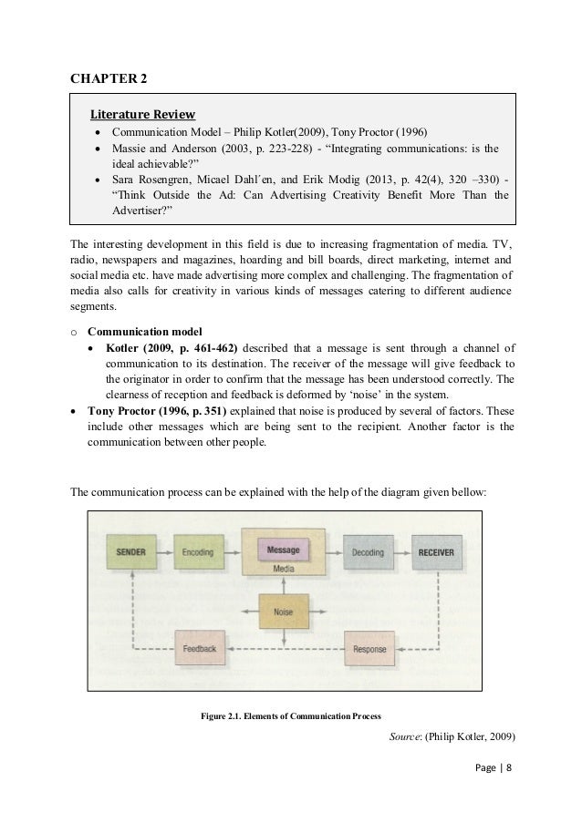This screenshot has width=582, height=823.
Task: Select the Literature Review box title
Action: coord(141,114)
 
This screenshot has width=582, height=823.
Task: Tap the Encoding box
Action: coord(198,551)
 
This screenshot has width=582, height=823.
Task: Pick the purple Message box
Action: coord(284,550)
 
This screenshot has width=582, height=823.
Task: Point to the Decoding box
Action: coord(367,551)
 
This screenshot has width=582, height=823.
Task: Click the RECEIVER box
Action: coord(435,551)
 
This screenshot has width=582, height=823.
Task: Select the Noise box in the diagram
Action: coord(283,612)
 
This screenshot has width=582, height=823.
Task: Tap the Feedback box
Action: coord(199,648)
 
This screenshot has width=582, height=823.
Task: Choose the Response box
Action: coord(369,648)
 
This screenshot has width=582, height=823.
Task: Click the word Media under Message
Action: coord(284,569)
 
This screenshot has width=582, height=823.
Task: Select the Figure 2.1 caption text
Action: coord(290,714)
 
